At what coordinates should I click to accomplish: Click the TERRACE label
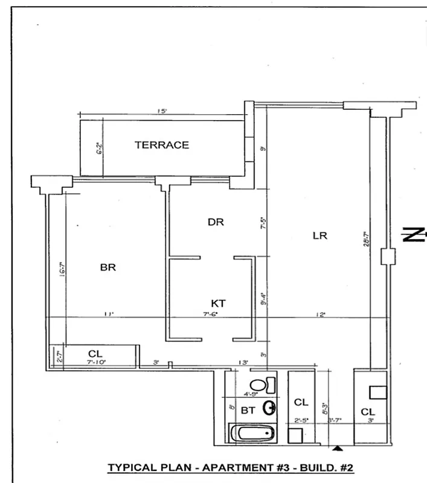point(161,145)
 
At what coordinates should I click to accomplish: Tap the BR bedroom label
point(108,267)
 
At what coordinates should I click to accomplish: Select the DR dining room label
point(216,222)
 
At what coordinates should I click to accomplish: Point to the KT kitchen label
point(218,303)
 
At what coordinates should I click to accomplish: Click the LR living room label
point(319,235)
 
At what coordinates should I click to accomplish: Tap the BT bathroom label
point(248,410)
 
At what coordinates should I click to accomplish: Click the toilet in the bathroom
point(262,385)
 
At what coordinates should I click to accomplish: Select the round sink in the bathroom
point(269,409)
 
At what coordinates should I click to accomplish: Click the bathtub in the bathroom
point(252,433)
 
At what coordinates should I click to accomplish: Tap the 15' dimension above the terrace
point(162,111)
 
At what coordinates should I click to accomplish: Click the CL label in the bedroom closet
point(95,353)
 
